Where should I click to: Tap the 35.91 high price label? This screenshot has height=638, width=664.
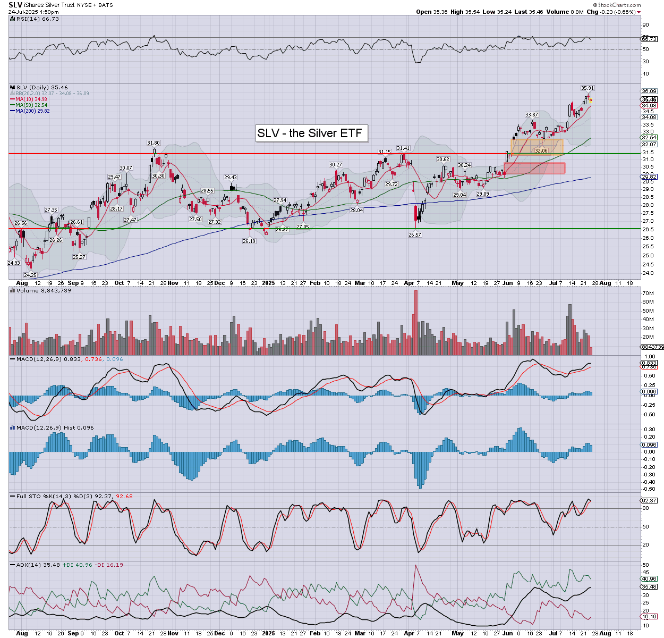[x=587, y=88]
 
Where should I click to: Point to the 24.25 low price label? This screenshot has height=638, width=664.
[x=30, y=275]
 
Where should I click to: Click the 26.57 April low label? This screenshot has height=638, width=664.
[x=415, y=234]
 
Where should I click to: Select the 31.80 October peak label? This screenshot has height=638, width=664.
[x=154, y=143]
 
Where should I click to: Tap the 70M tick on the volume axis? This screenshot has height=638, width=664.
[x=648, y=293]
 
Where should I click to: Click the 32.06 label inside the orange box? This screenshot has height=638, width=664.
[x=541, y=151]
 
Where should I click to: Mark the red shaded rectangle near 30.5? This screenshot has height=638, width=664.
[x=534, y=168]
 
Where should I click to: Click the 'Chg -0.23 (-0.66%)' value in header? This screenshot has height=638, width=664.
[x=613, y=12]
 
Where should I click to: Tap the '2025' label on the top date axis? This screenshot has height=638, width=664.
[x=268, y=283]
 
